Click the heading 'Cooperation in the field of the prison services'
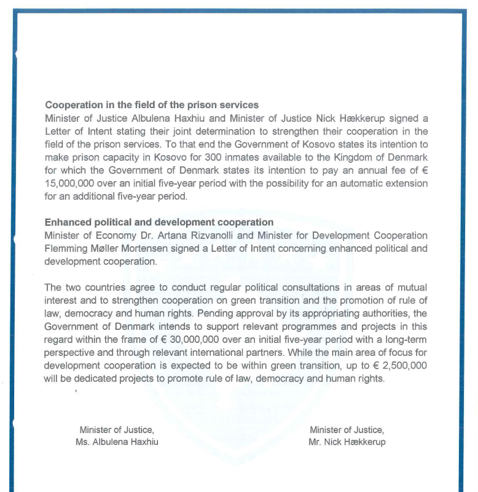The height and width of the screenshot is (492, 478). click(x=152, y=105)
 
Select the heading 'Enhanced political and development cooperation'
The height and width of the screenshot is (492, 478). click(x=159, y=222)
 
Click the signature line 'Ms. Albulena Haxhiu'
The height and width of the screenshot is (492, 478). click(x=117, y=442)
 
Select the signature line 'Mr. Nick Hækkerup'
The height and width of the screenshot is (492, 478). click(x=347, y=442)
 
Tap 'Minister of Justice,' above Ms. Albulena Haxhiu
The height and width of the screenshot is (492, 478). click(x=117, y=430)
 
